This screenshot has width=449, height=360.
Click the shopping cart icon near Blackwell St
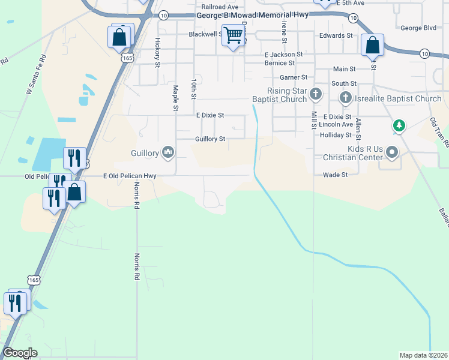(x=232, y=35)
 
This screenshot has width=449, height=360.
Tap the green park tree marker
(x=399, y=126)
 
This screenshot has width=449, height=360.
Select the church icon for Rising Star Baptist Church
(x=315, y=94)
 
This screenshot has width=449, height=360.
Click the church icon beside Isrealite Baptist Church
(x=345, y=97)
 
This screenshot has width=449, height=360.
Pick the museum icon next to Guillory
(x=168, y=153)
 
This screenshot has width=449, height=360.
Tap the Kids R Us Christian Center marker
(x=392, y=152)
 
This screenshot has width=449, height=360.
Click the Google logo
(x=20, y=353)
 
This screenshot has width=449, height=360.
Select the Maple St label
(x=176, y=98)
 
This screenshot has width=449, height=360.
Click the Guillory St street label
(x=210, y=139)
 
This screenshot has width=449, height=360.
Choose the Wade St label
(x=336, y=175)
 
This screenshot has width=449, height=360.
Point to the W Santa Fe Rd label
(x=36, y=76)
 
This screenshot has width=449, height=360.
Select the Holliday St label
(x=336, y=135)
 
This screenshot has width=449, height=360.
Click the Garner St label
(x=294, y=77)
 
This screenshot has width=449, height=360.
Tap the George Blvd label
(x=418, y=28)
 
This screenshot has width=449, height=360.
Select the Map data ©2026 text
(x=423, y=355)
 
